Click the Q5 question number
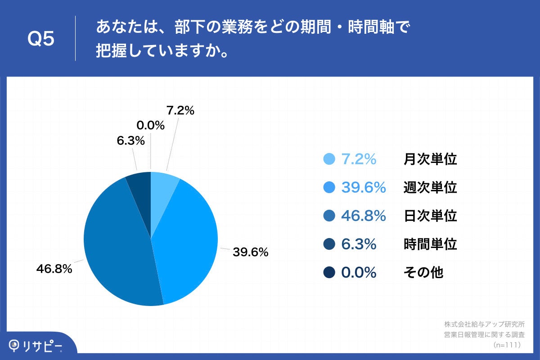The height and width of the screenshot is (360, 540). [41, 39]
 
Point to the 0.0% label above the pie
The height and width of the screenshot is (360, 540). [150, 126]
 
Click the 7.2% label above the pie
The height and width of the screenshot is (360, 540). [180, 110]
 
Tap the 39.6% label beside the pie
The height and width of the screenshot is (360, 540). [251, 252]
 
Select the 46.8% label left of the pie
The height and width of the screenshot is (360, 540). [54, 269]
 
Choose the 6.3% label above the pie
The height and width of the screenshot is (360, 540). [130, 141]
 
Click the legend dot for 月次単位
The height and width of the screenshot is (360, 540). [329, 159]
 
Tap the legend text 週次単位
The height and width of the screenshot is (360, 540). [430, 188]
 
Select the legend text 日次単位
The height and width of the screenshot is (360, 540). [430, 216]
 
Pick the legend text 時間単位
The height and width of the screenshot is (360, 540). [430, 244]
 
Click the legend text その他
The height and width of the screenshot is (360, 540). [423, 272]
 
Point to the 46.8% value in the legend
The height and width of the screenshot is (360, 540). [364, 216]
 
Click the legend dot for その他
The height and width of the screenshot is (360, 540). [329, 272]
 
